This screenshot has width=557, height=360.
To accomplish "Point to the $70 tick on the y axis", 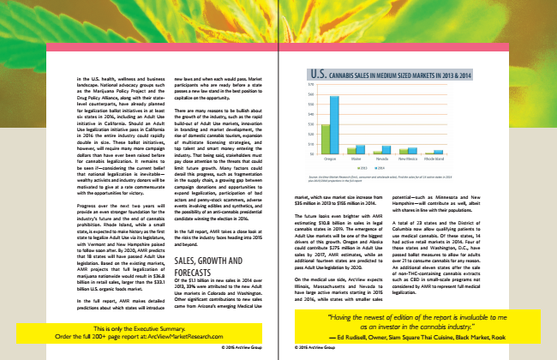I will (x=311, y=85).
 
